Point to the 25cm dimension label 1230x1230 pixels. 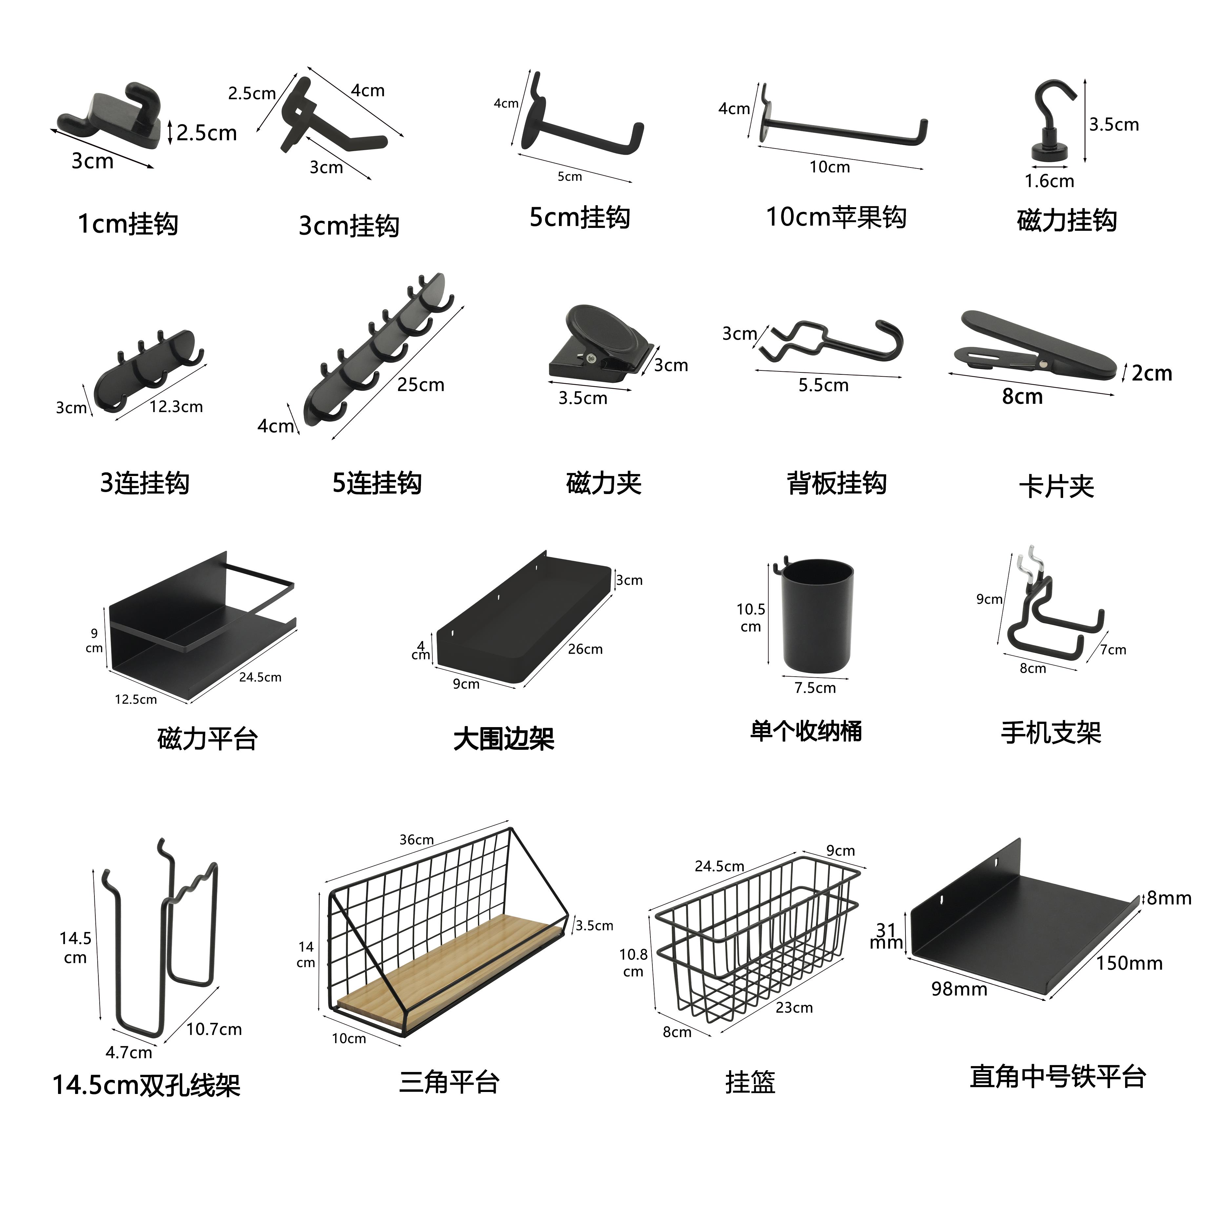(420, 385)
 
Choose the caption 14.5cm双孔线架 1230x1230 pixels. (147, 1085)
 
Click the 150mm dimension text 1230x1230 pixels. (1129, 963)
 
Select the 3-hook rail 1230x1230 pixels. (149, 369)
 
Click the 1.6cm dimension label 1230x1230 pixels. (1049, 181)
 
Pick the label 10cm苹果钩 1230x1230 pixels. (836, 218)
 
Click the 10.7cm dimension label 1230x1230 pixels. (214, 1029)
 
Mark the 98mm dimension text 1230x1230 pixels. (959, 989)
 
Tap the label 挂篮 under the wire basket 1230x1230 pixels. (750, 1082)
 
